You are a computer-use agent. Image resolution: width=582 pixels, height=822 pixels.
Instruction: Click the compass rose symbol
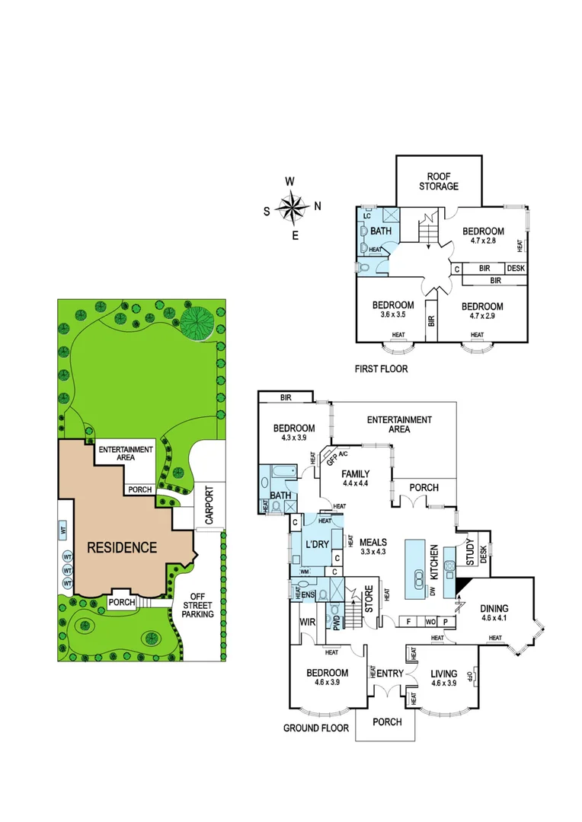pyautogui.click(x=291, y=206)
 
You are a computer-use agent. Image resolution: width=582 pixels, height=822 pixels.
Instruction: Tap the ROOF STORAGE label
pyautogui.click(x=438, y=180)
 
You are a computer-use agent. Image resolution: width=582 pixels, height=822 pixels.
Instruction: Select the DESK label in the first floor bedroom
pyautogui.click(x=516, y=268)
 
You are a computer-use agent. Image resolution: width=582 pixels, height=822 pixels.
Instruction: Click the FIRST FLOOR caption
pyautogui.click(x=381, y=369)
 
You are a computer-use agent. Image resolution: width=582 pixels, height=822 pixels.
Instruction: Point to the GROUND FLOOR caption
pyautogui.click(x=316, y=728)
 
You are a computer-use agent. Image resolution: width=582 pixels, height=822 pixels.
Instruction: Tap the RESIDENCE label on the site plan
pyautogui.click(x=121, y=546)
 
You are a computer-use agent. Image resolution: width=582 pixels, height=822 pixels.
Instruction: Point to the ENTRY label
pyautogui.click(x=390, y=674)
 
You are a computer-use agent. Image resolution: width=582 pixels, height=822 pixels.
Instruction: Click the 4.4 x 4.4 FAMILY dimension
pyautogui.click(x=355, y=484)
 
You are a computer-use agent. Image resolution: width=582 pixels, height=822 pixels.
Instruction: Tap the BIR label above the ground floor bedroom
pyautogui.click(x=286, y=397)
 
